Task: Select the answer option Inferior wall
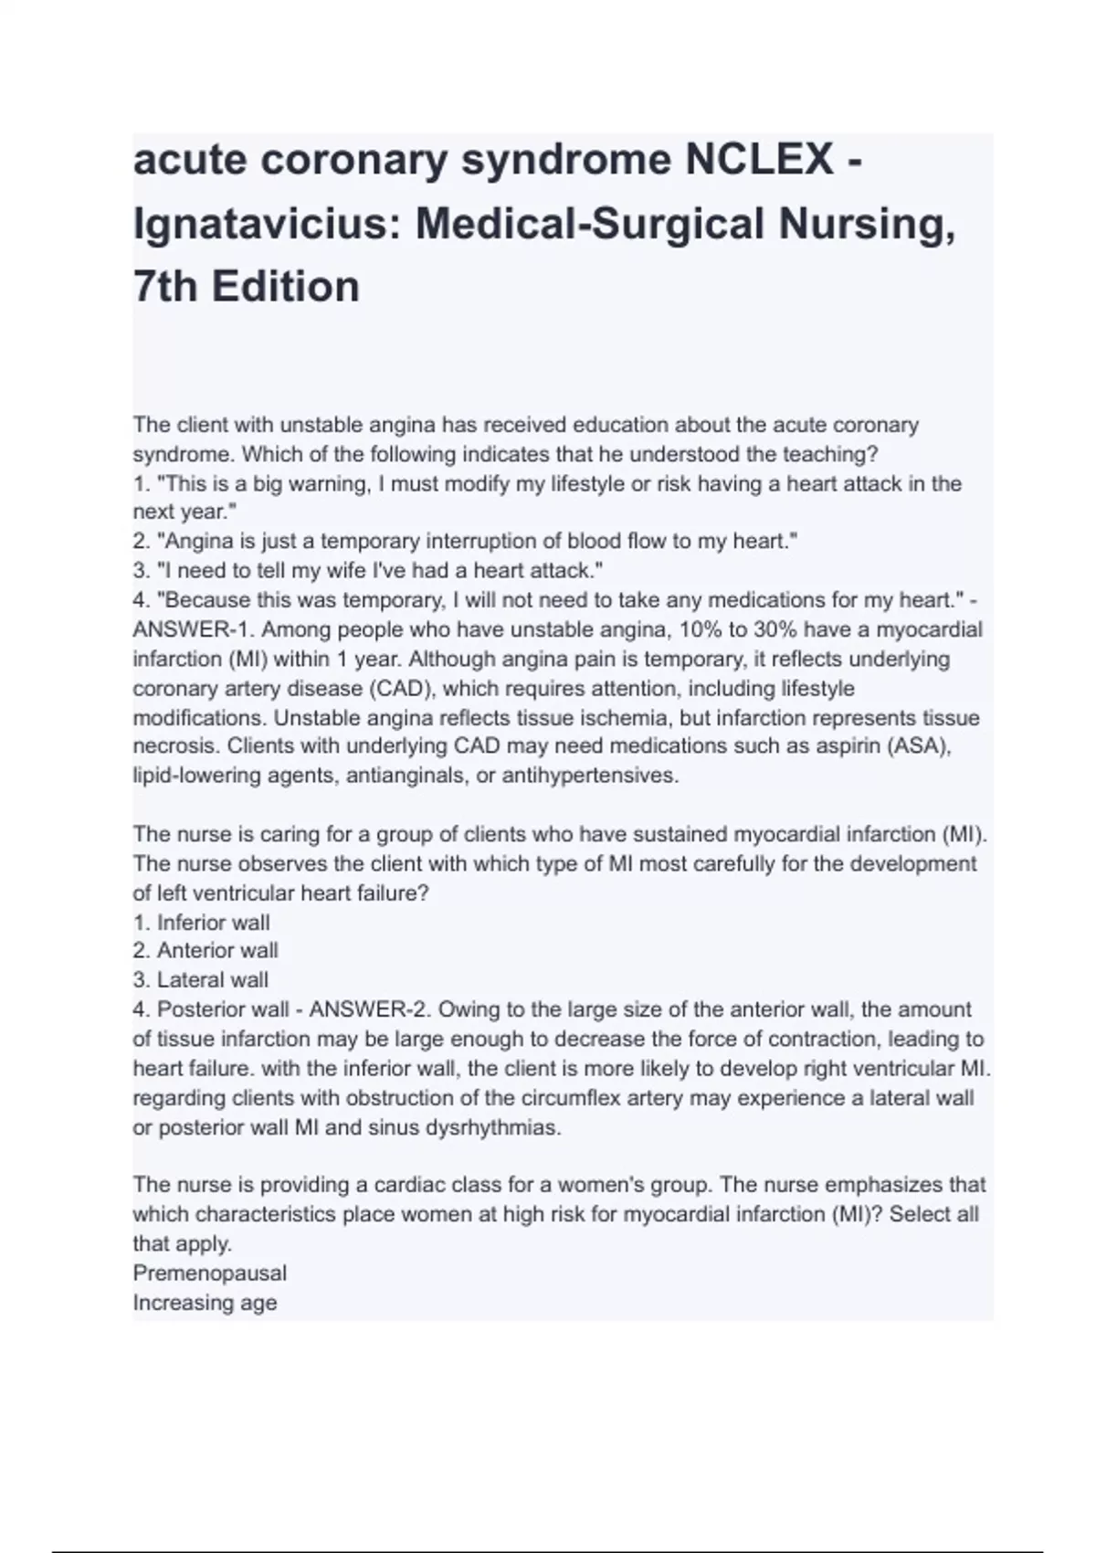point(213,923)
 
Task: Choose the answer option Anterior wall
point(217,951)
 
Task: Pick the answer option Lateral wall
point(213,980)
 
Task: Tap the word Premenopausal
point(209,1273)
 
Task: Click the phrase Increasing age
point(205,1303)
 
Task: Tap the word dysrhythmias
point(492,1127)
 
